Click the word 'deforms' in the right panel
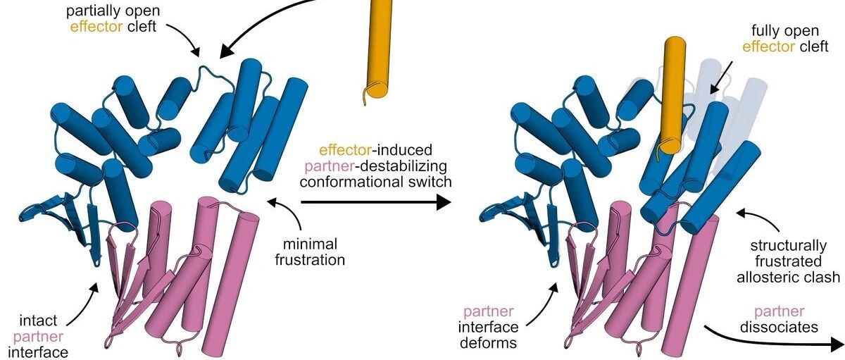click(490, 344)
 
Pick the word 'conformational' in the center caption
click(375, 182)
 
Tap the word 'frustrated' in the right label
click(795, 261)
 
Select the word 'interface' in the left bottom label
click(37, 350)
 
